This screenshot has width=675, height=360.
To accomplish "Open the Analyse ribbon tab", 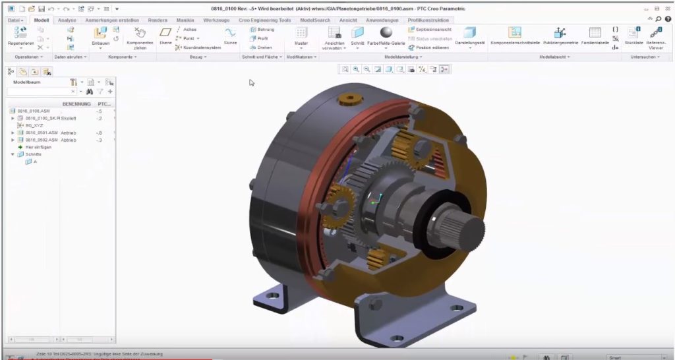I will coord(67,20).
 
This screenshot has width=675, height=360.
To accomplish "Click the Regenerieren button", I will coord(20,34).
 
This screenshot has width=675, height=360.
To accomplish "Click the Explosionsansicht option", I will coord(432,30).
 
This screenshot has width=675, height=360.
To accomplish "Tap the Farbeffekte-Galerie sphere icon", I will coord(387,33).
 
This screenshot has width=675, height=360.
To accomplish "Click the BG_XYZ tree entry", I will coord(34,125).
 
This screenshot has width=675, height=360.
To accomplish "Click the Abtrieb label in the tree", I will coord(69,140).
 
